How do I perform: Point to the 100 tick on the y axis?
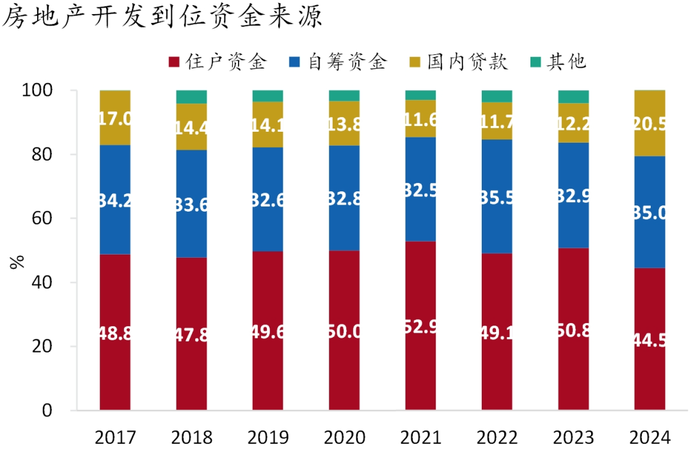(46, 91)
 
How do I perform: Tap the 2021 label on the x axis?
(420, 437)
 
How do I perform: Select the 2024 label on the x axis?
(649, 437)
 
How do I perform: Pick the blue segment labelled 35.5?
(497, 196)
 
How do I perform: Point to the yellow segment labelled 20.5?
(649, 123)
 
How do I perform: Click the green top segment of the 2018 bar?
(191, 97)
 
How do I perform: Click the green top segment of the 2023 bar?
(573, 97)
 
